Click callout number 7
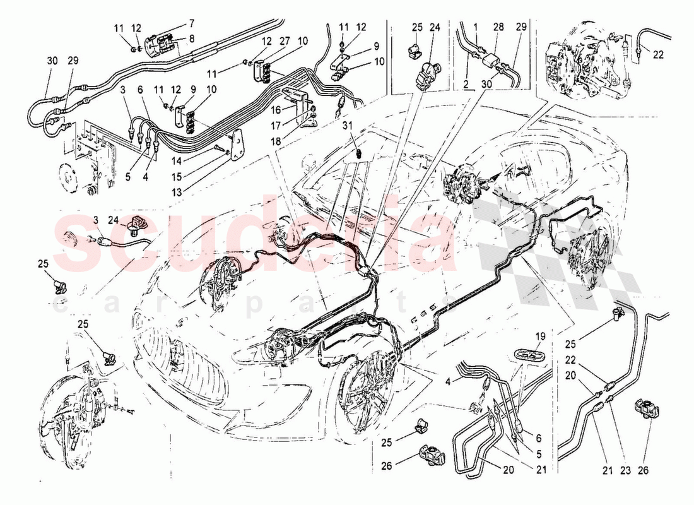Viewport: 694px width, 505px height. [x=174, y=24]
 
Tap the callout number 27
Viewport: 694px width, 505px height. [x=285, y=41]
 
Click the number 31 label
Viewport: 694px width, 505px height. [x=348, y=126]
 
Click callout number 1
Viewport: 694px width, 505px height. [x=476, y=28]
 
